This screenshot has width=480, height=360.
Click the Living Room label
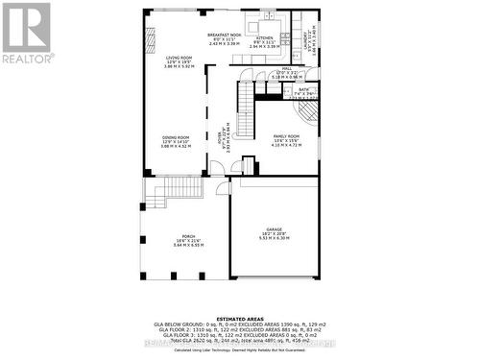(179, 58)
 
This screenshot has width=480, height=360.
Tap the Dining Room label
(176, 137)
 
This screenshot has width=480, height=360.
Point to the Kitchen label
(264, 38)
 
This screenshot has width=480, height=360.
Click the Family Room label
(286, 137)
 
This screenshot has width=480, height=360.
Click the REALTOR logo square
(26, 27)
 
